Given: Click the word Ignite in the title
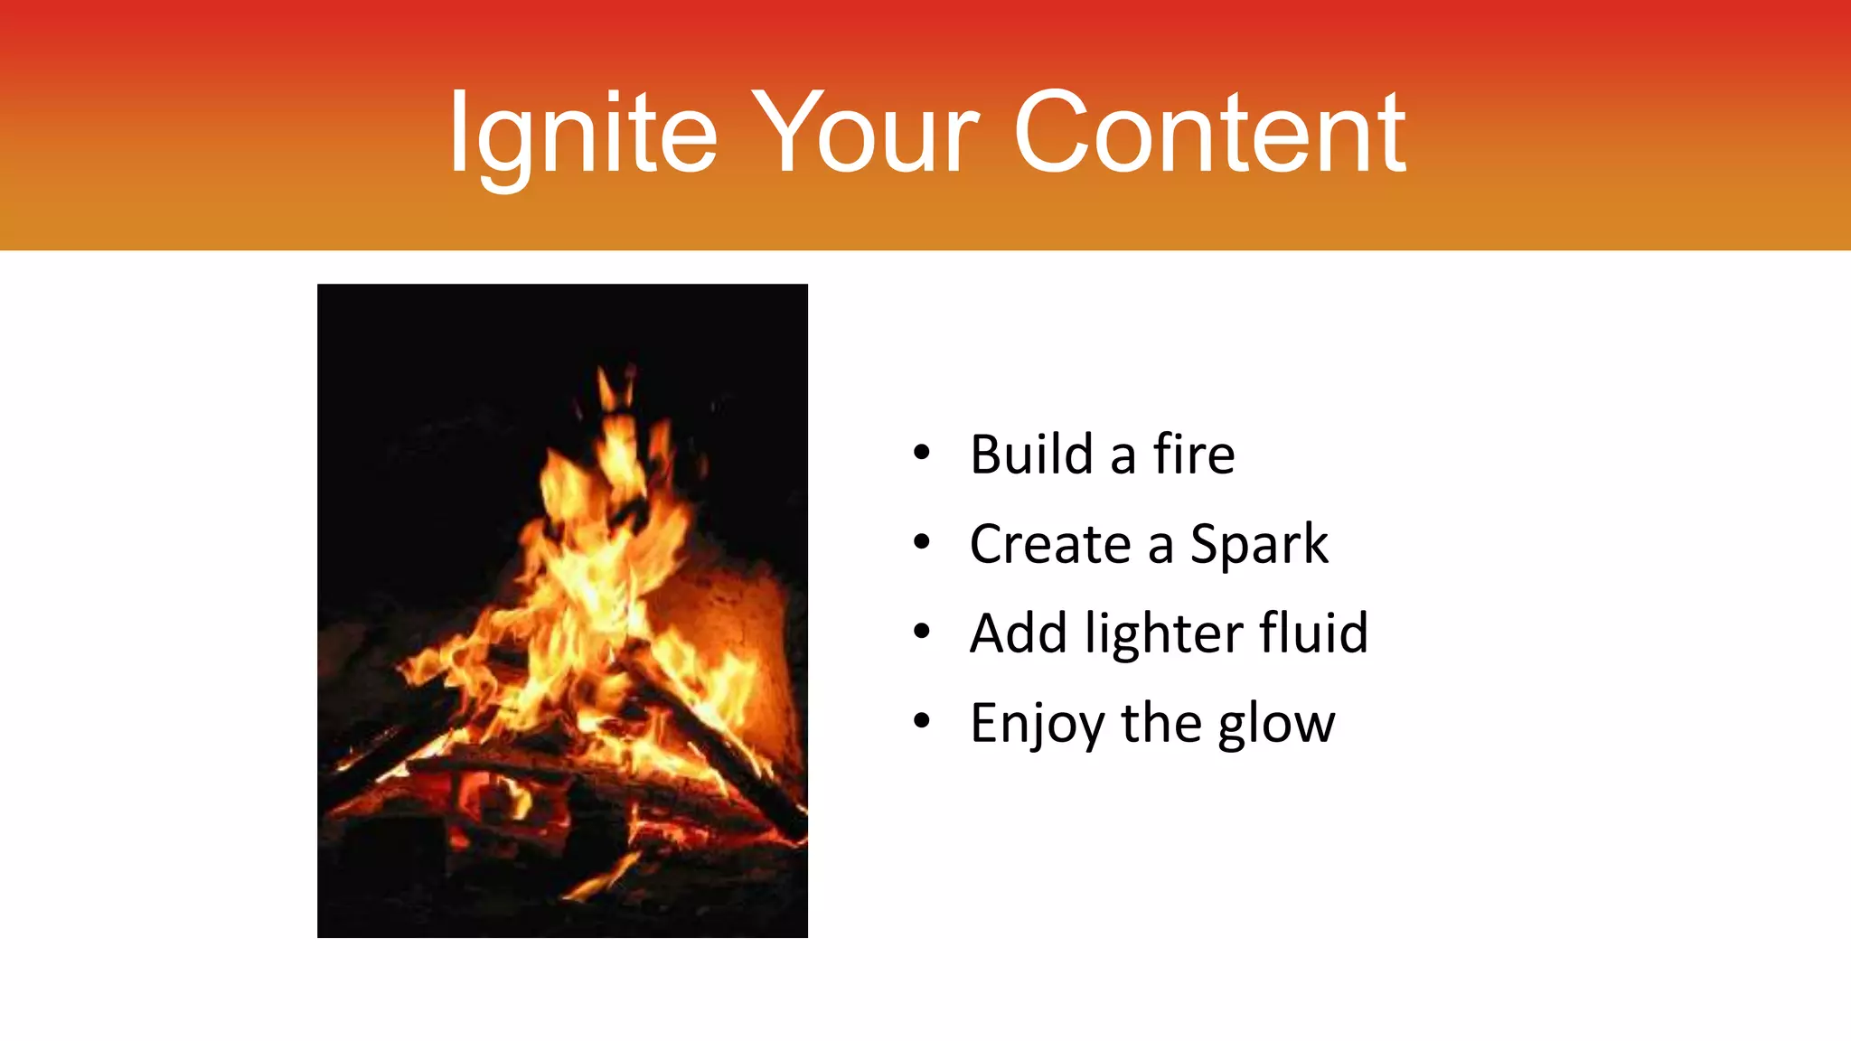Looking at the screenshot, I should [x=583, y=134].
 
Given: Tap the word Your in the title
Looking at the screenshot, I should [x=866, y=134].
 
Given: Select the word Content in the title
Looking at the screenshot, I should [x=1209, y=134].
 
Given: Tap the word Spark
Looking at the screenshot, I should [x=1258, y=544].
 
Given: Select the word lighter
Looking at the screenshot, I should [x=1163, y=634].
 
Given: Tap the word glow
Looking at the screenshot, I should [x=1275, y=724].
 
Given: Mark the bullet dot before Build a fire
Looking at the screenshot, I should [x=921, y=454].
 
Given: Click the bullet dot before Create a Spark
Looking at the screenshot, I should [x=921, y=543].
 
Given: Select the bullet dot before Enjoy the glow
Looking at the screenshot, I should [x=921, y=721].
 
